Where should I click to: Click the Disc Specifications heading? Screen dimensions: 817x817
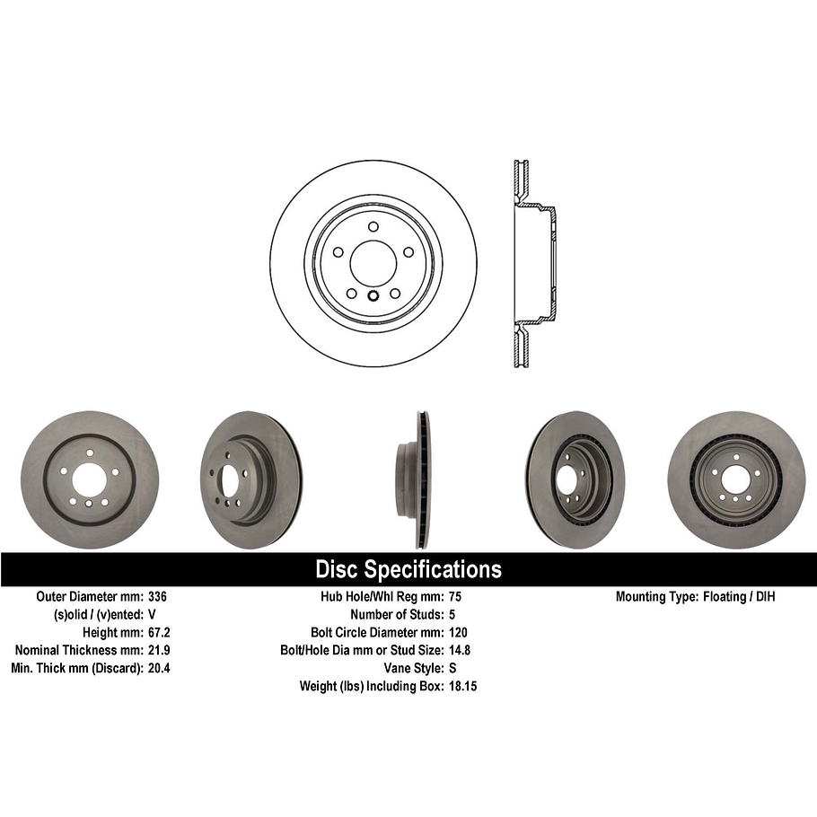[408, 569]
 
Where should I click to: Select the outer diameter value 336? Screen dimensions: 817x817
[158, 596]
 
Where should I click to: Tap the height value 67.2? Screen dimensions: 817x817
[160, 632]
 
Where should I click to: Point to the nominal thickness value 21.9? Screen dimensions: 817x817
[160, 650]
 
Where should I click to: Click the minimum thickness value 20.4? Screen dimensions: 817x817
[160, 668]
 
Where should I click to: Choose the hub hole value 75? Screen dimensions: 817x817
[454, 596]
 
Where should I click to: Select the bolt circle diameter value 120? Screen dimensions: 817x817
[458, 632]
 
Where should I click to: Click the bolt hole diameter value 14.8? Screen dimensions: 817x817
[459, 650]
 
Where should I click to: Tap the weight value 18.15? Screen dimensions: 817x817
[462, 686]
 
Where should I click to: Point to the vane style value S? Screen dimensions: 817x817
[452, 668]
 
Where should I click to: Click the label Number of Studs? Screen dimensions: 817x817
[396, 614]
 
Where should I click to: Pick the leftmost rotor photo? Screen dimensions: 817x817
[88, 479]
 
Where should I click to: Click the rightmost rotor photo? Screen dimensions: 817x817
[736, 479]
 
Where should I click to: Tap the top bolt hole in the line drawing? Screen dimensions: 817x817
[373, 226]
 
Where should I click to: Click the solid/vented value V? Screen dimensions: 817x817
[152, 614]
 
